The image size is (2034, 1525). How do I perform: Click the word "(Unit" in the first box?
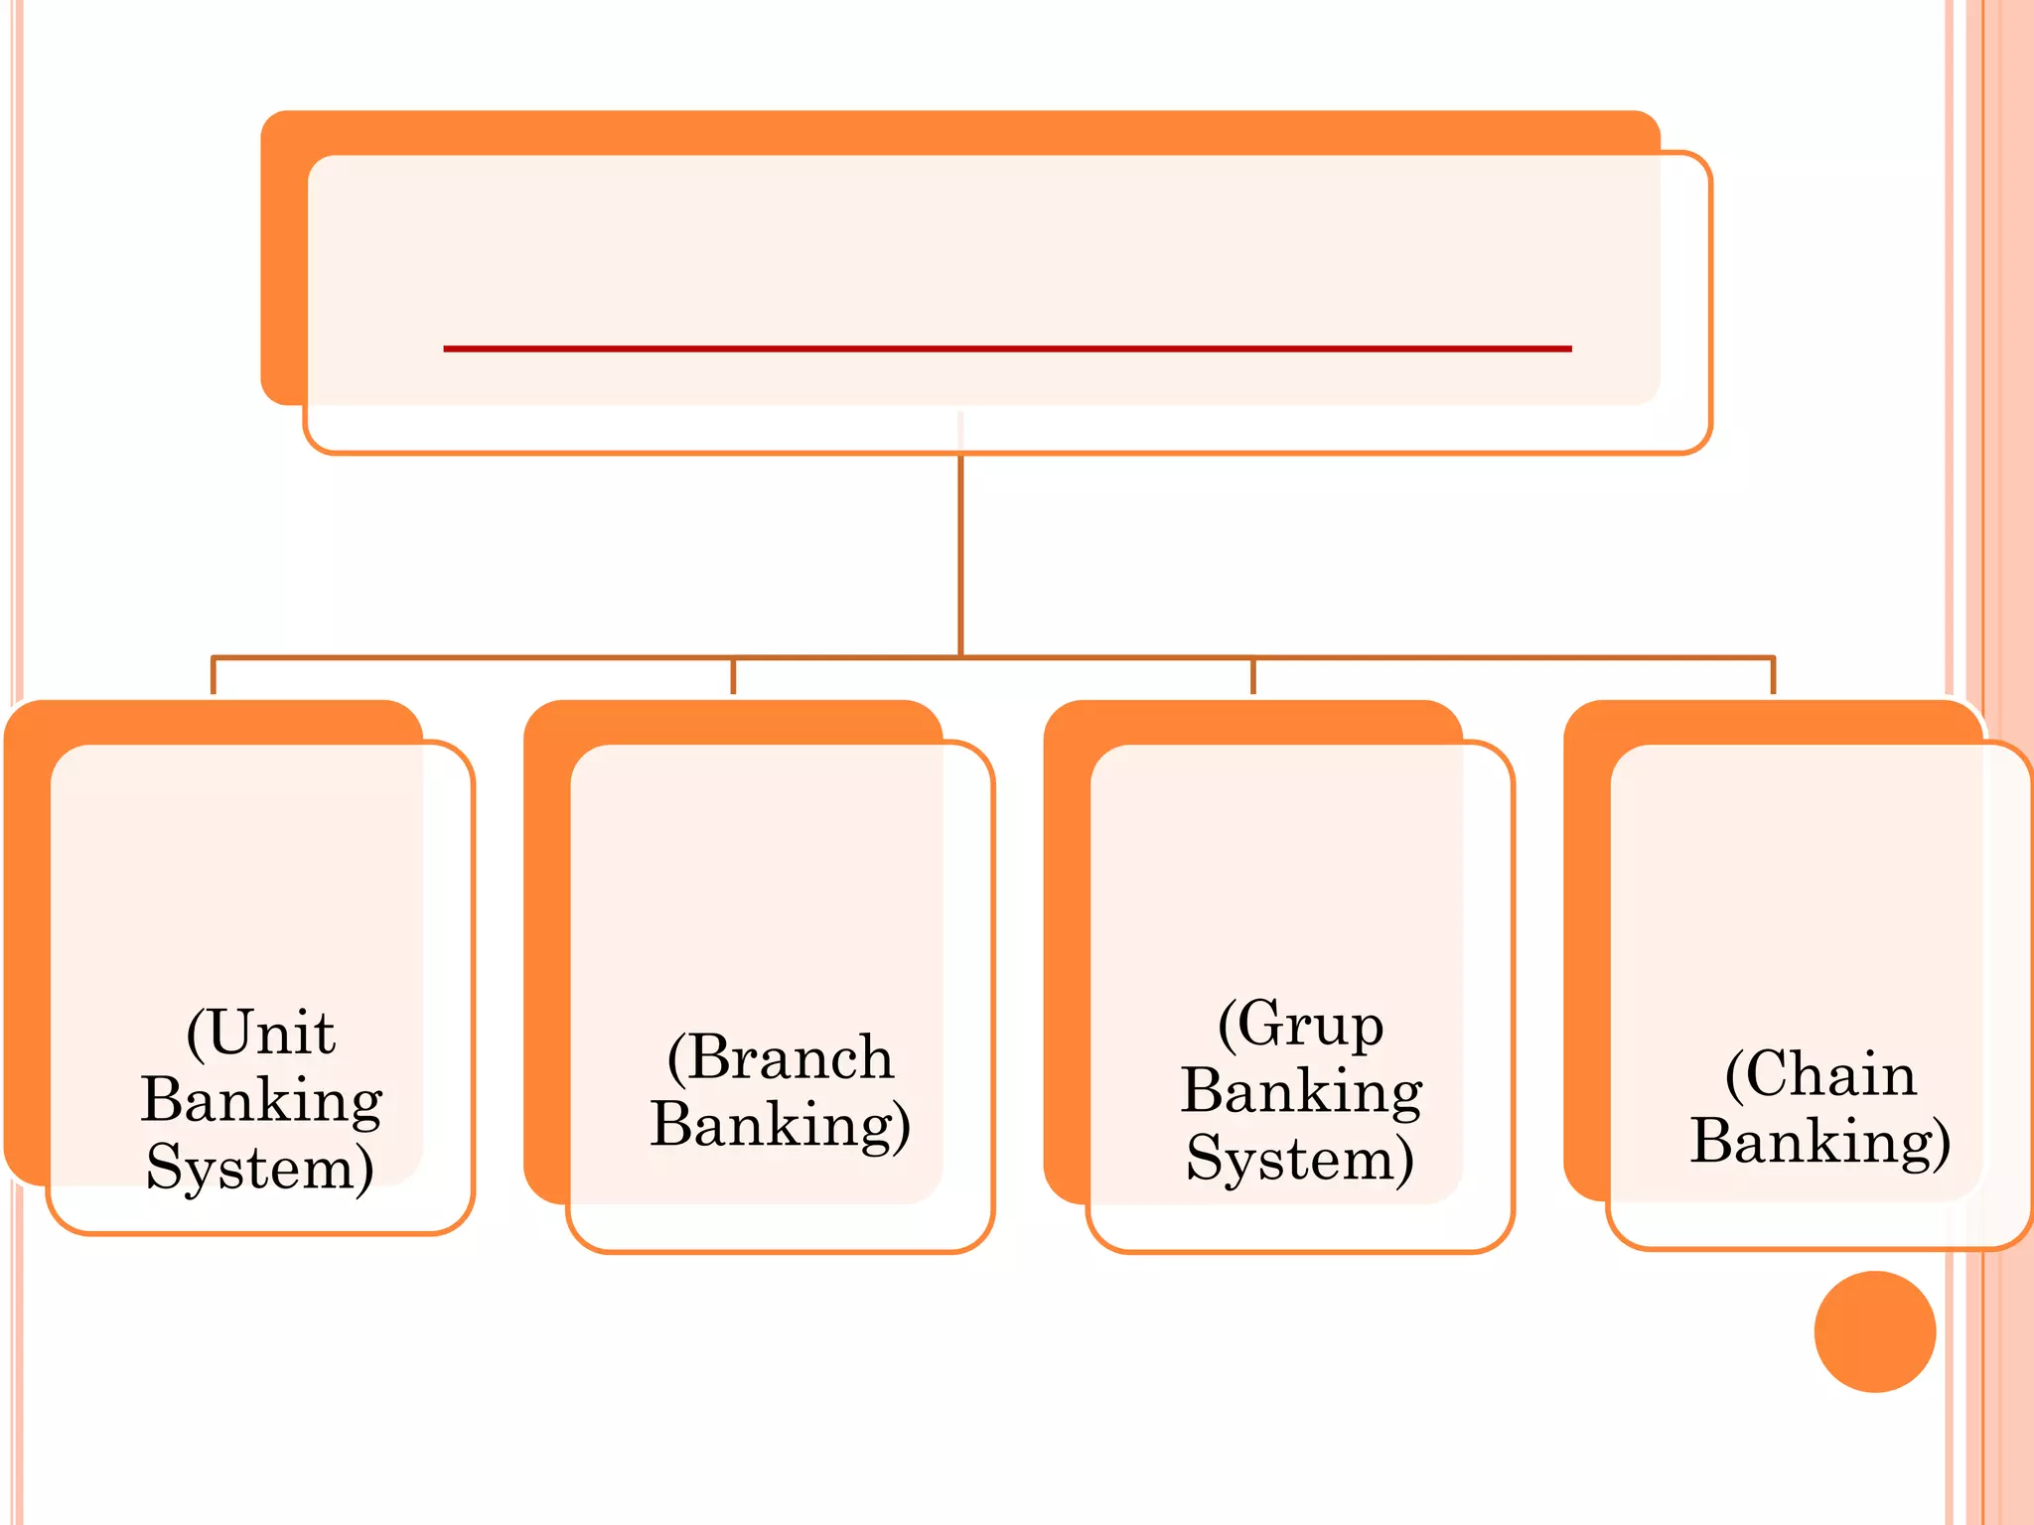click(x=261, y=1033)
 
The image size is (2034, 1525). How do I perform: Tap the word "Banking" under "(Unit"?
click(x=261, y=1099)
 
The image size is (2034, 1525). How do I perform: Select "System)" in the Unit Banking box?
click(x=260, y=1167)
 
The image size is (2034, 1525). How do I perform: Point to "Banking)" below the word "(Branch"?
click(x=781, y=1124)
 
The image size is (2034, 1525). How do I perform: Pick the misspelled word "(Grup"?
click(x=1301, y=1025)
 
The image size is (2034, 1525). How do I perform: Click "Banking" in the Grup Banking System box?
click(x=1301, y=1090)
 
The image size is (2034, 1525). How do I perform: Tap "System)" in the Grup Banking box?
click(x=1300, y=1158)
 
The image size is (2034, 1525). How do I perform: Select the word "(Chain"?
click(x=1820, y=1073)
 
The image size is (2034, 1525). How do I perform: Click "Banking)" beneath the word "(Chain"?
click(x=1820, y=1140)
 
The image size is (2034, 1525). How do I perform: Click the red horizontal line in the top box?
click(x=1007, y=348)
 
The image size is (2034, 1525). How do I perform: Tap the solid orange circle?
click(x=1874, y=1331)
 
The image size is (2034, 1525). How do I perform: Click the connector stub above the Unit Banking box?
click(x=214, y=676)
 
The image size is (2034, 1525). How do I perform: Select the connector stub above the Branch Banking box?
click(x=733, y=676)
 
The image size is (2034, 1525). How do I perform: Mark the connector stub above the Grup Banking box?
click(x=1253, y=676)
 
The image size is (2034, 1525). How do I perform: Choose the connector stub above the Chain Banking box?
click(x=1773, y=676)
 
